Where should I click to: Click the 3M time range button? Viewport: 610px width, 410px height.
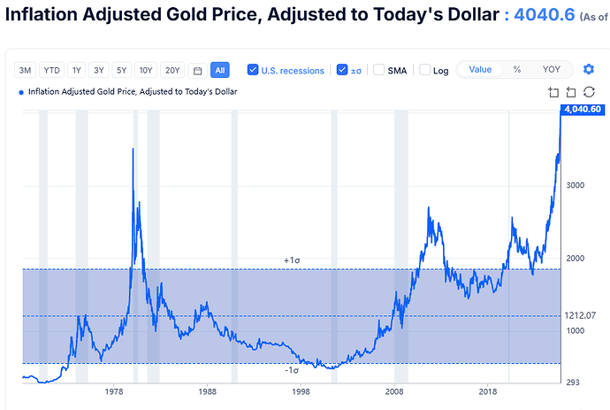click(x=26, y=70)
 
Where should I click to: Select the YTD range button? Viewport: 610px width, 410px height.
click(x=52, y=70)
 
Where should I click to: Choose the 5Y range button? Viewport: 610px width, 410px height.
click(x=121, y=70)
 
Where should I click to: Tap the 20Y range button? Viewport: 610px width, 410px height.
click(x=172, y=70)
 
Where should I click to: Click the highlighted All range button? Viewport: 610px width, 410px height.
click(x=219, y=70)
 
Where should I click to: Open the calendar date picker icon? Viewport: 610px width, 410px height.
click(x=197, y=70)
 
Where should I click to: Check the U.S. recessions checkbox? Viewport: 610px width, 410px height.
click(x=254, y=70)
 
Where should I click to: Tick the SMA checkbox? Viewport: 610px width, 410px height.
click(x=378, y=70)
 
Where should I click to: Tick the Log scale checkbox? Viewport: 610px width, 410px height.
click(x=425, y=70)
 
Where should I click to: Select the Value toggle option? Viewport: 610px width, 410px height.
click(x=480, y=69)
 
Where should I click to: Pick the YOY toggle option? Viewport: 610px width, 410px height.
click(x=551, y=69)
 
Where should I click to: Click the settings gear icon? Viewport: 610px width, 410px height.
click(x=590, y=69)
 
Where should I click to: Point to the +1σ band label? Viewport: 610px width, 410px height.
click(x=293, y=260)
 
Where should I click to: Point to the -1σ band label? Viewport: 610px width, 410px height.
click(x=292, y=369)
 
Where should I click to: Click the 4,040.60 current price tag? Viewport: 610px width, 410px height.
click(x=583, y=109)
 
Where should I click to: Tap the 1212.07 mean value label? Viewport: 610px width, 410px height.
click(x=580, y=315)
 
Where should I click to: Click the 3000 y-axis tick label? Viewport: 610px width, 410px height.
click(x=576, y=185)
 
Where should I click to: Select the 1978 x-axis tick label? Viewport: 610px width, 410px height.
click(x=113, y=391)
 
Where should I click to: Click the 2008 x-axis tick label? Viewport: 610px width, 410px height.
click(x=394, y=391)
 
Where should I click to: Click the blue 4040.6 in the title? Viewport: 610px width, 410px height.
click(x=545, y=17)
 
